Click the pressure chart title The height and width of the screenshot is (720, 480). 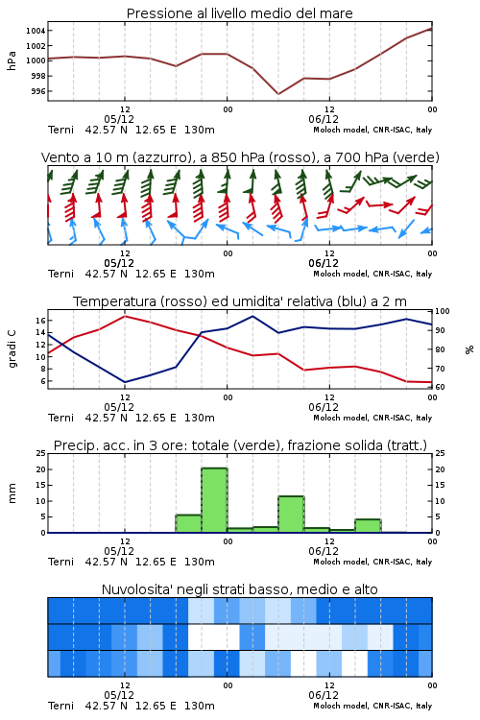(x=239, y=13)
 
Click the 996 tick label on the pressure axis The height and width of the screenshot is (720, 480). (x=38, y=91)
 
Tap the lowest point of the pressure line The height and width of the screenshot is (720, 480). (x=278, y=94)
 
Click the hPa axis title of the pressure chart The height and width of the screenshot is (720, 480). (x=12, y=61)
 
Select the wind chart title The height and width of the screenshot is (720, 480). (x=240, y=157)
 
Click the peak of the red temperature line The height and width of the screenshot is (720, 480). (x=125, y=316)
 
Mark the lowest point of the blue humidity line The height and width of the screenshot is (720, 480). (x=125, y=382)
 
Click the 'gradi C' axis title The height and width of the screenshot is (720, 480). (x=12, y=349)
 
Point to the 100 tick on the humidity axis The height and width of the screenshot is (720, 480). (x=443, y=311)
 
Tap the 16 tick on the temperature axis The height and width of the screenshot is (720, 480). (x=40, y=320)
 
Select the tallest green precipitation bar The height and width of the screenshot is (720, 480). (x=214, y=500)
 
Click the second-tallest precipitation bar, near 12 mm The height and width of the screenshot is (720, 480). (x=291, y=515)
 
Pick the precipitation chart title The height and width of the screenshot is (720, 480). (x=240, y=445)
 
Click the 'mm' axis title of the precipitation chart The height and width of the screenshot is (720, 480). (x=12, y=493)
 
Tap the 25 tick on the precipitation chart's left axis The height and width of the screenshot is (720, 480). (x=40, y=454)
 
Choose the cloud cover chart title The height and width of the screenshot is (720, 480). (x=239, y=589)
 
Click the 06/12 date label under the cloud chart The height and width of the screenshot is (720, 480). (x=324, y=695)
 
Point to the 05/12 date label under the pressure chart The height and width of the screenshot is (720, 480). (x=119, y=119)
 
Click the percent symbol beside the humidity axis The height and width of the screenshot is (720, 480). (x=469, y=349)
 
